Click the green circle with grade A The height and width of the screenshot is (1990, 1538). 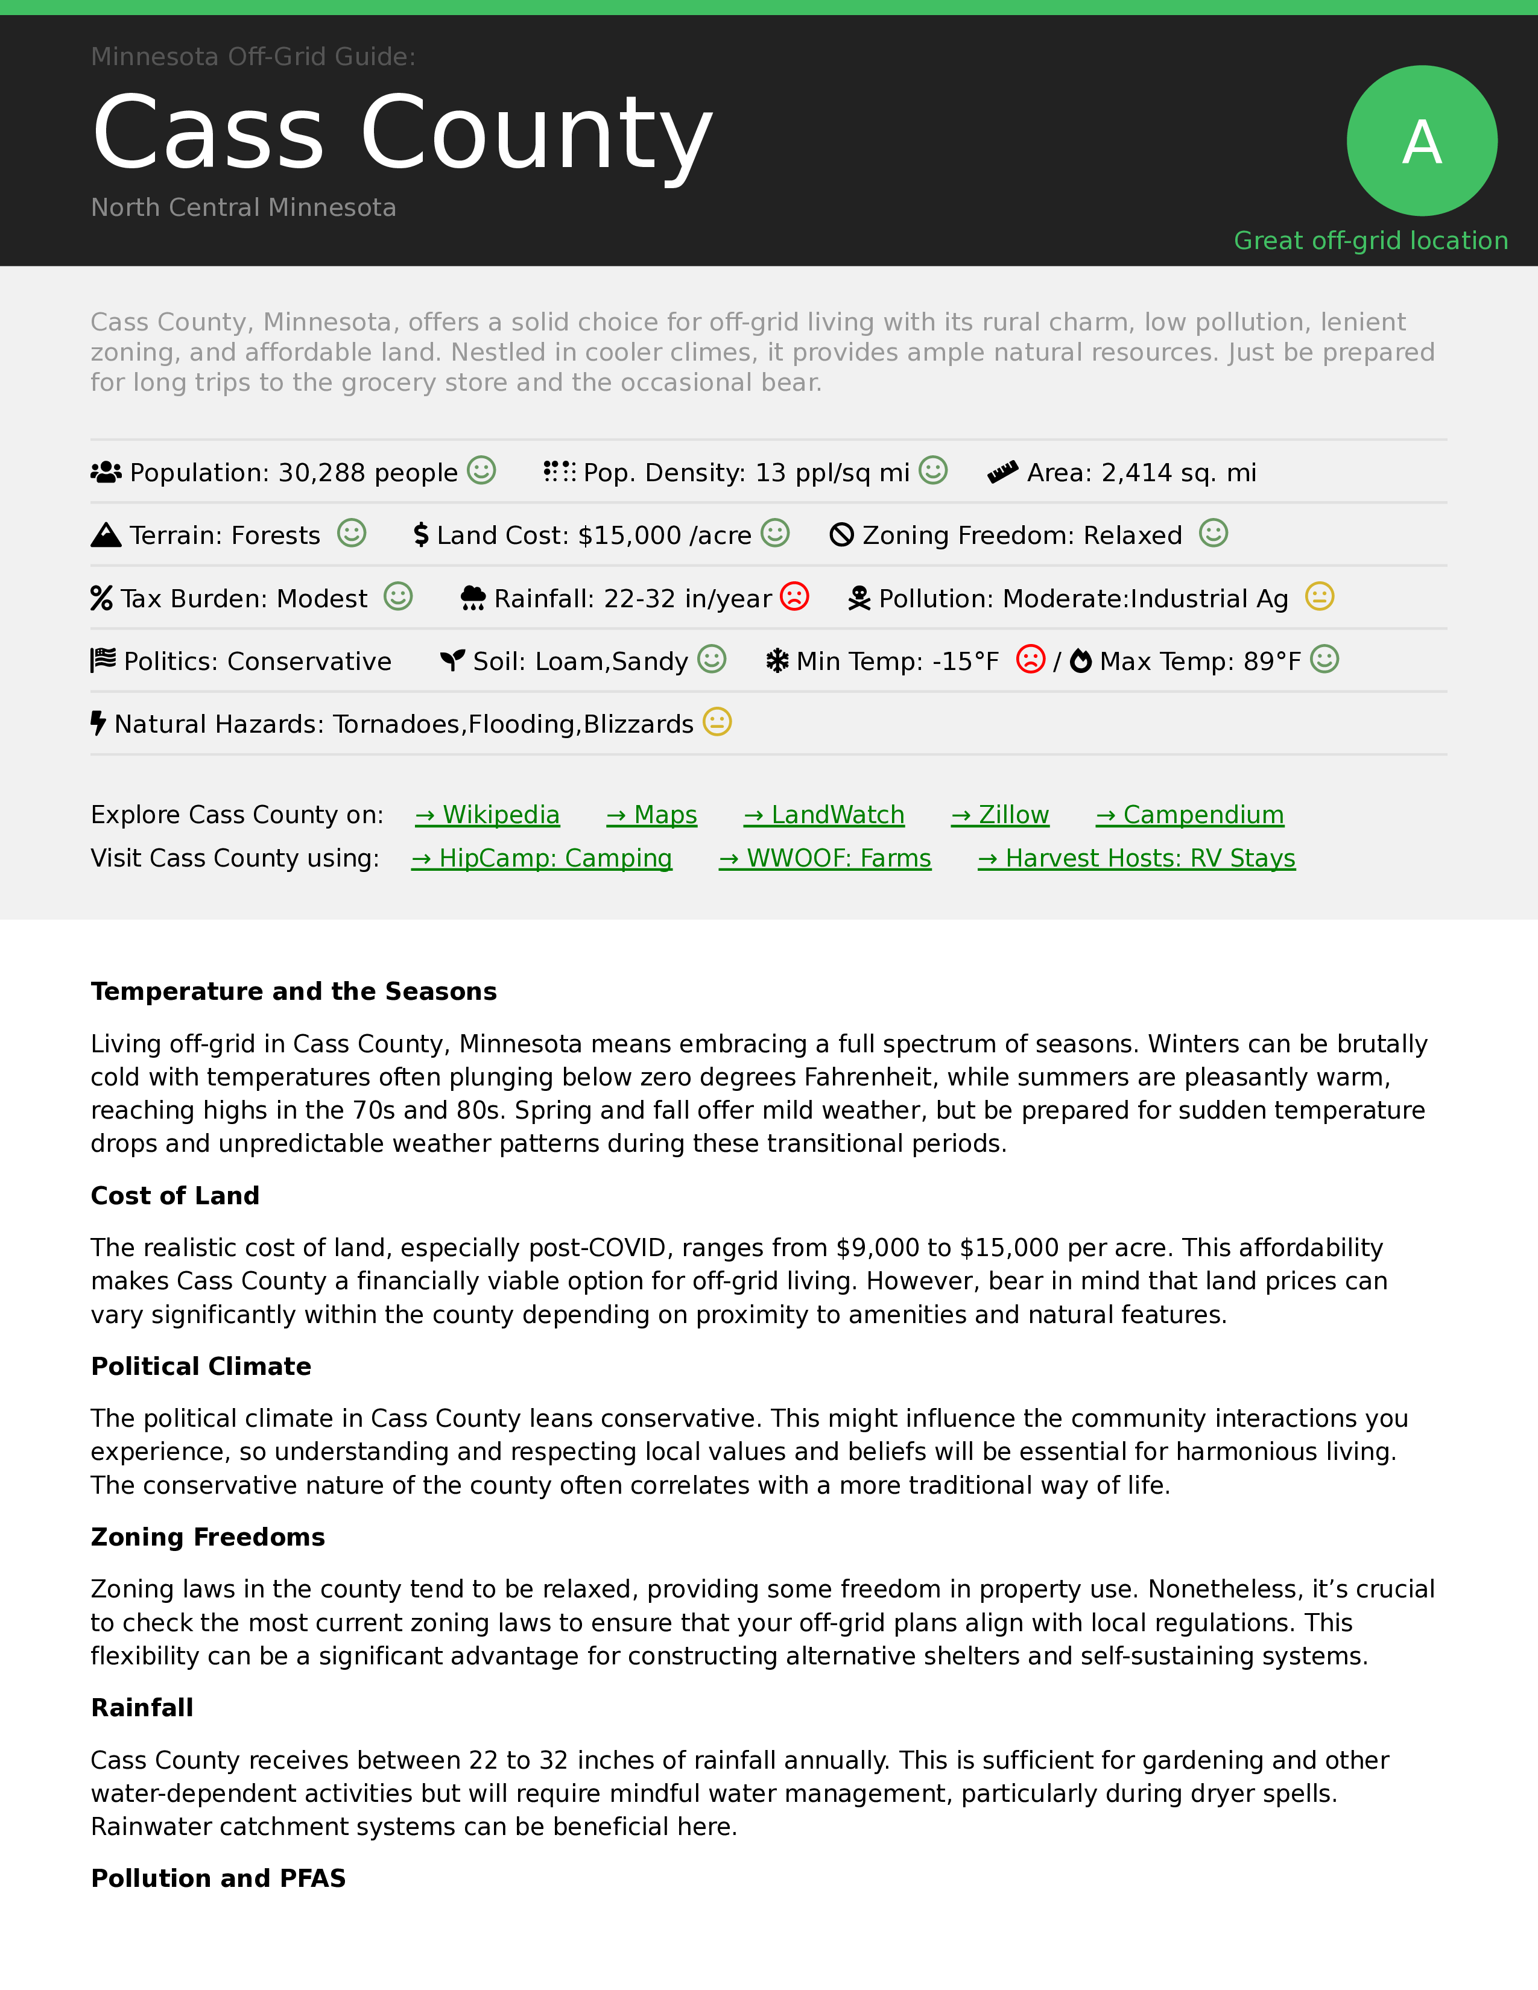tap(1422, 141)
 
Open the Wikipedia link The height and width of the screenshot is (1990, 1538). tap(487, 815)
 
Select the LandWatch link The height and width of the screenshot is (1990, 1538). tap(824, 815)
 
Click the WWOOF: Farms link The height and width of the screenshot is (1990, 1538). tap(824, 858)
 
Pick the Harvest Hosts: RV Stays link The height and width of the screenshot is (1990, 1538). tap(1136, 858)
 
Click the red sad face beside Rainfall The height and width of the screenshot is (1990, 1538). tap(794, 597)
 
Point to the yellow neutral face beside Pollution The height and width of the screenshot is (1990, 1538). tap(1319, 597)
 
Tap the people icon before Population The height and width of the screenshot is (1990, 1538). tap(106, 472)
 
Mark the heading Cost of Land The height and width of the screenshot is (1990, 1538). tap(175, 1195)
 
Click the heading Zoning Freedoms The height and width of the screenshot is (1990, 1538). tap(207, 1537)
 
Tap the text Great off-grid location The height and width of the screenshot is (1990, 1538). tap(1370, 241)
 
